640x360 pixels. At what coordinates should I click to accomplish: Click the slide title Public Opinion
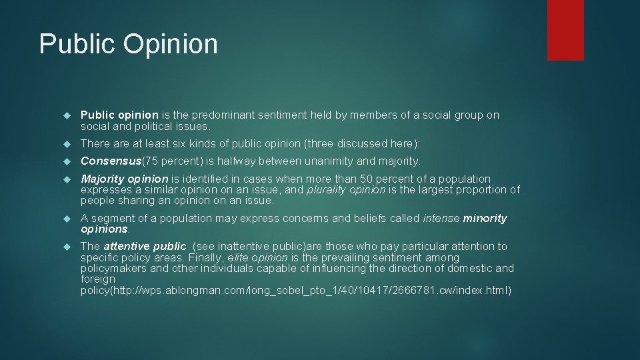tap(129, 44)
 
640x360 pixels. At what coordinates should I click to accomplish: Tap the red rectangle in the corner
tap(565, 30)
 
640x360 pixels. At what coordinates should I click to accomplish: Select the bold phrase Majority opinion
tap(124, 179)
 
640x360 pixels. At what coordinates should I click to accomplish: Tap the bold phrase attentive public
tap(145, 247)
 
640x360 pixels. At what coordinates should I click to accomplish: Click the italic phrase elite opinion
tap(258, 257)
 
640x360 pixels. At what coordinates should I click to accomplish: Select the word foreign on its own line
tap(97, 279)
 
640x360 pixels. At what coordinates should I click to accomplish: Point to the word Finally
tap(206, 257)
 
